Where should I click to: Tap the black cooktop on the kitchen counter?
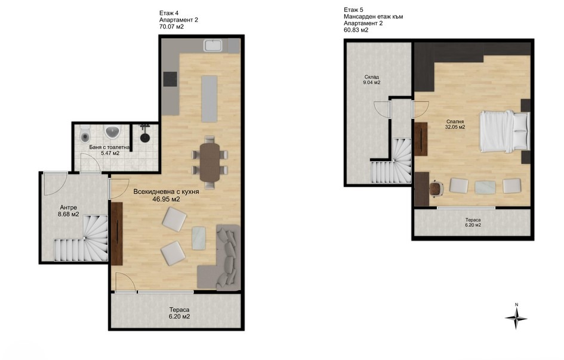(x=170, y=79)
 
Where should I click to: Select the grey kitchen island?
(x=209, y=99)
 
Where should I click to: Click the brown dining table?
(x=209, y=162)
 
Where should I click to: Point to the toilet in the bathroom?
(x=85, y=134)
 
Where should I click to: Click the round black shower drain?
(x=144, y=138)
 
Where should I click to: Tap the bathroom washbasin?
(x=113, y=132)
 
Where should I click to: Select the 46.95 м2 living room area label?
(x=166, y=199)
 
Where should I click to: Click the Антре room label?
(x=69, y=208)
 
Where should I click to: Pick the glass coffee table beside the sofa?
(x=199, y=238)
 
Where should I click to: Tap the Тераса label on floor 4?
(x=179, y=310)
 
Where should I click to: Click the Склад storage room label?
(x=372, y=77)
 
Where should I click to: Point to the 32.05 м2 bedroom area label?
(x=455, y=127)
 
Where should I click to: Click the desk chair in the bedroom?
(x=436, y=189)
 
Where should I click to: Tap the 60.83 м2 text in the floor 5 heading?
(x=356, y=30)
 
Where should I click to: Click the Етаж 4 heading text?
(x=169, y=13)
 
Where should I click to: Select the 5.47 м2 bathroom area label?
(x=110, y=153)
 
